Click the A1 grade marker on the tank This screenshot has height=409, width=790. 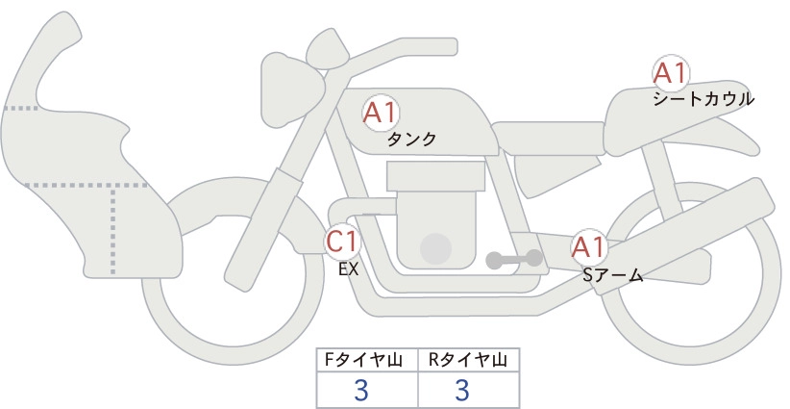coord(381,113)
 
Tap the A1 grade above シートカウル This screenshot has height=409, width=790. coord(671,73)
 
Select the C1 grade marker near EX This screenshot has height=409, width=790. coord(342,241)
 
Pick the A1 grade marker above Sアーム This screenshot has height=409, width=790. coord(588,247)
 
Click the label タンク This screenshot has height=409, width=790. coord(411,139)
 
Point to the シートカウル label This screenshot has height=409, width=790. coord(704,99)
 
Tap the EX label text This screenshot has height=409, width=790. coord(348,269)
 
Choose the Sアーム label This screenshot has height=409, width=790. coord(612,275)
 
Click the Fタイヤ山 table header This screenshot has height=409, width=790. coord(363,360)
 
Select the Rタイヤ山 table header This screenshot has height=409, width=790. coord(468,360)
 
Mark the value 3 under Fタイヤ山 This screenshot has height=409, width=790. coord(361,390)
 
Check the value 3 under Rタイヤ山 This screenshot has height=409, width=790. coord(462,390)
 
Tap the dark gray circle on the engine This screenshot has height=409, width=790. coord(435,248)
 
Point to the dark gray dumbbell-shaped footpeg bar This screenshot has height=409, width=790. coord(514,259)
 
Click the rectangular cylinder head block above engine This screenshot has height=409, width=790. coord(435,176)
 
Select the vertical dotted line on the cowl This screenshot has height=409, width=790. coord(112,230)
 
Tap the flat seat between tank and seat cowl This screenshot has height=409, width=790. coord(548,139)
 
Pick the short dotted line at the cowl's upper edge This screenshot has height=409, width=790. coord(20,108)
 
